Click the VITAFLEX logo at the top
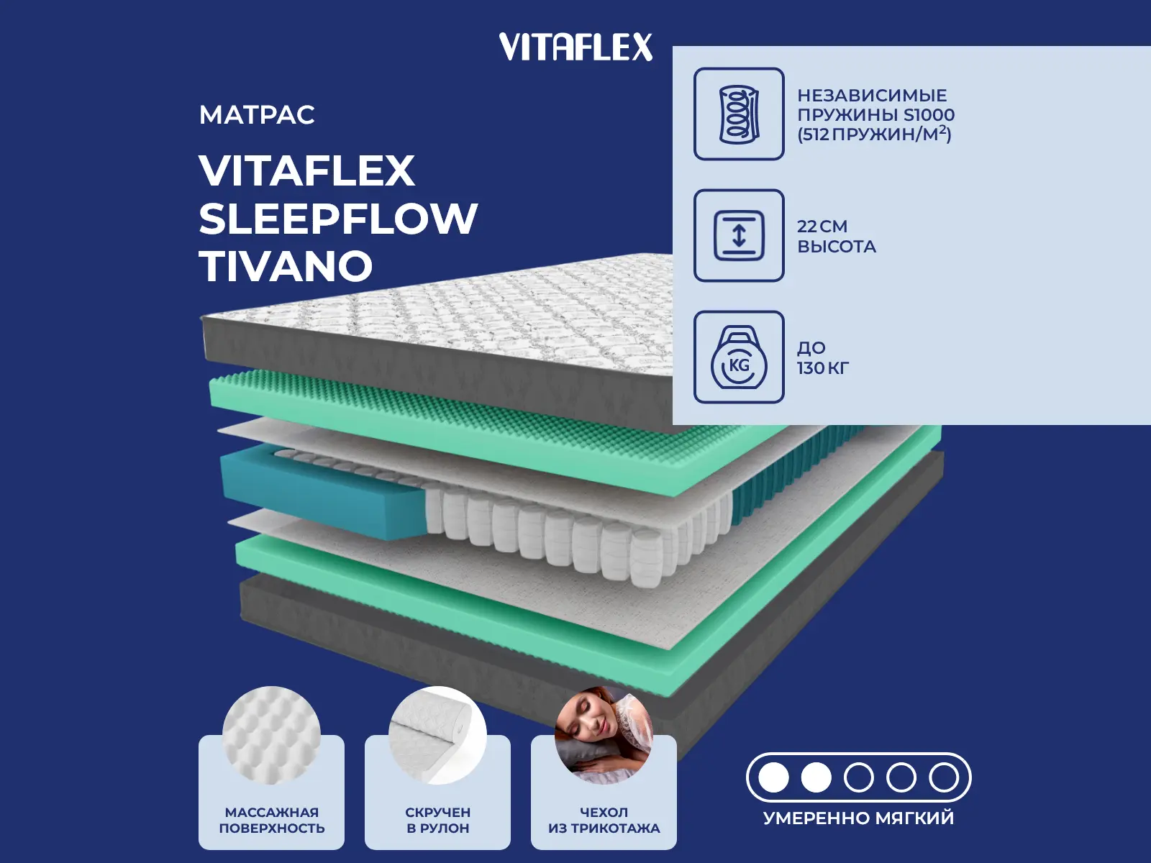click(x=575, y=47)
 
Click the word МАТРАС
click(x=257, y=115)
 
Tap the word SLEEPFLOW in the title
click(x=338, y=219)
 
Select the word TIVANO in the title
click(x=286, y=267)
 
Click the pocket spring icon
click(x=739, y=114)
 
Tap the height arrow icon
click(x=739, y=236)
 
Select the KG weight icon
click(x=739, y=358)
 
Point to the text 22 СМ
click(x=822, y=227)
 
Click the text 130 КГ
click(x=823, y=368)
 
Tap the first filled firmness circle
click(x=774, y=777)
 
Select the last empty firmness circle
click(x=943, y=777)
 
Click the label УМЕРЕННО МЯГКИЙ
click(x=858, y=818)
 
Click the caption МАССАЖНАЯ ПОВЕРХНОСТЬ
click(x=271, y=820)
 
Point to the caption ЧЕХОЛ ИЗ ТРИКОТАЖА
click(x=604, y=820)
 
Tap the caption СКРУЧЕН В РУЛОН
click(x=437, y=820)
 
